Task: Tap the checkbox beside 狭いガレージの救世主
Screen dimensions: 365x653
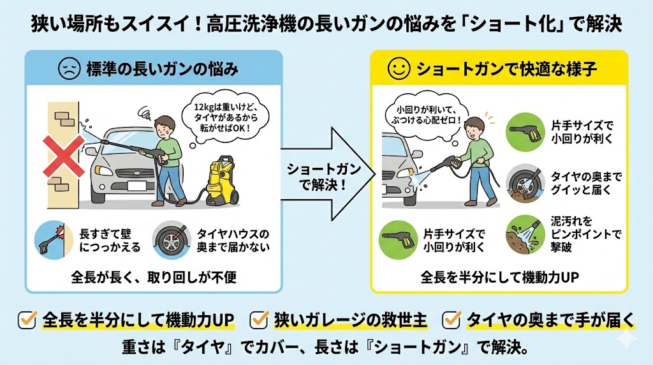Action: (x=259, y=318)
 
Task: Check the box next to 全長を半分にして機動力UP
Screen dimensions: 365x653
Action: (x=27, y=318)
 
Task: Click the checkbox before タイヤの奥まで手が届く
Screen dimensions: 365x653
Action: (x=451, y=318)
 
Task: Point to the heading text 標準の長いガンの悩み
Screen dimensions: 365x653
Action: (x=162, y=69)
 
